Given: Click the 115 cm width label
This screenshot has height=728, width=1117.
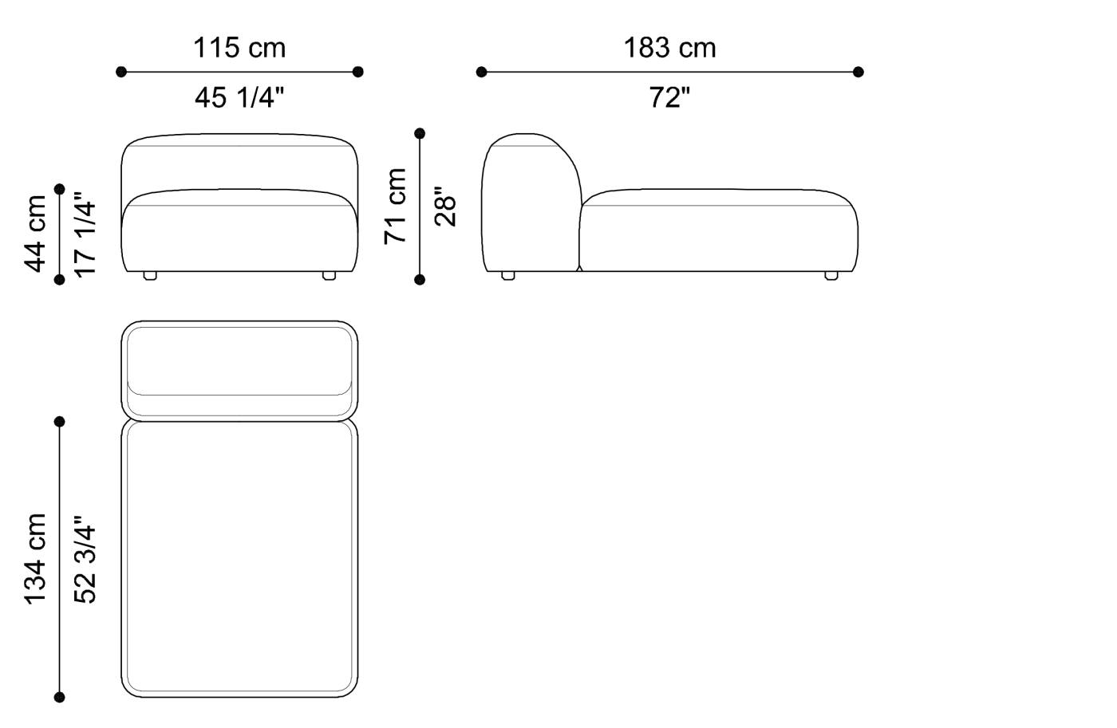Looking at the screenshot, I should pyautogui.click(x=239, y=48).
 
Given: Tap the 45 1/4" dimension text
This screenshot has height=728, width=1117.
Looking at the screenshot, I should pyautogui.click(x=239, y=98).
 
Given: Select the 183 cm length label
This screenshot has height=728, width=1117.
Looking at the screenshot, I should pyautogui.click(x=669, y=48).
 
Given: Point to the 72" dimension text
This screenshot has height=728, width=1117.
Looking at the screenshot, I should pyautogui.click(x=669, y=98).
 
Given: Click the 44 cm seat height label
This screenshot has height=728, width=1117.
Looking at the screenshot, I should pyautogui.click(x=36, y=234).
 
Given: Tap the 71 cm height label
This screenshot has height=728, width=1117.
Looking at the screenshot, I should pyautogui.click(x=396, y=206).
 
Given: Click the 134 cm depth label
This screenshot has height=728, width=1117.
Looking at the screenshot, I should pyautogui.click(x=36, y=559).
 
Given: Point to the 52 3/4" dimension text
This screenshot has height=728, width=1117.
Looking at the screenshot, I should pyautogui.click(x=85, y=559).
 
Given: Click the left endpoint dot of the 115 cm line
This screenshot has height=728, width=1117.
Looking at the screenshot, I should pyautogui.click(x=121, y=72).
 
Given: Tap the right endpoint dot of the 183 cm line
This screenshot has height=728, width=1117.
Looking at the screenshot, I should pyautogui.click(x=858, y=72).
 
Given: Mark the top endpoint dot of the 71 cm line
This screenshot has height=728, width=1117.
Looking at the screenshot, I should pyautogui.click(x=420, y=133).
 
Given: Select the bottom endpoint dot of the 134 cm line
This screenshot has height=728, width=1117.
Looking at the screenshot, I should pyautogui.click(x=60, y=698).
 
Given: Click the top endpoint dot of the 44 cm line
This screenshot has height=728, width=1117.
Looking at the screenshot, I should pyautogui.click(x=60, y=189).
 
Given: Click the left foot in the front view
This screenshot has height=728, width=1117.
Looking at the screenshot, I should pyautogui.click(x=150, y=276).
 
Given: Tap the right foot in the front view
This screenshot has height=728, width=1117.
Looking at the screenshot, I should pyautogui.click(x=329, y=276).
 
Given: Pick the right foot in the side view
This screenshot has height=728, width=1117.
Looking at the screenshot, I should pyautogui.click(x=831, y=276).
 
